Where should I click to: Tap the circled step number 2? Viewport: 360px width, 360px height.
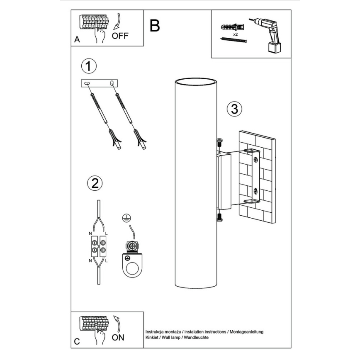click(95, 183)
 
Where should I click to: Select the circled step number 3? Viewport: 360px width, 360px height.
click(234, 109)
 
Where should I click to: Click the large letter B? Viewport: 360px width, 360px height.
click(154, 26)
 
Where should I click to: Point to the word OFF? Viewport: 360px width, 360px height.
click(120, 36)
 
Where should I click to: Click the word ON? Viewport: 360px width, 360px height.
click(118, 337)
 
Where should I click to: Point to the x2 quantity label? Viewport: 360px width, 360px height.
click(235, 34)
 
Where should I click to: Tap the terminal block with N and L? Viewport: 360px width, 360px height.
click(98, 248)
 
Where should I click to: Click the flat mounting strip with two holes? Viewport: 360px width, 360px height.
click(99, 83)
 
